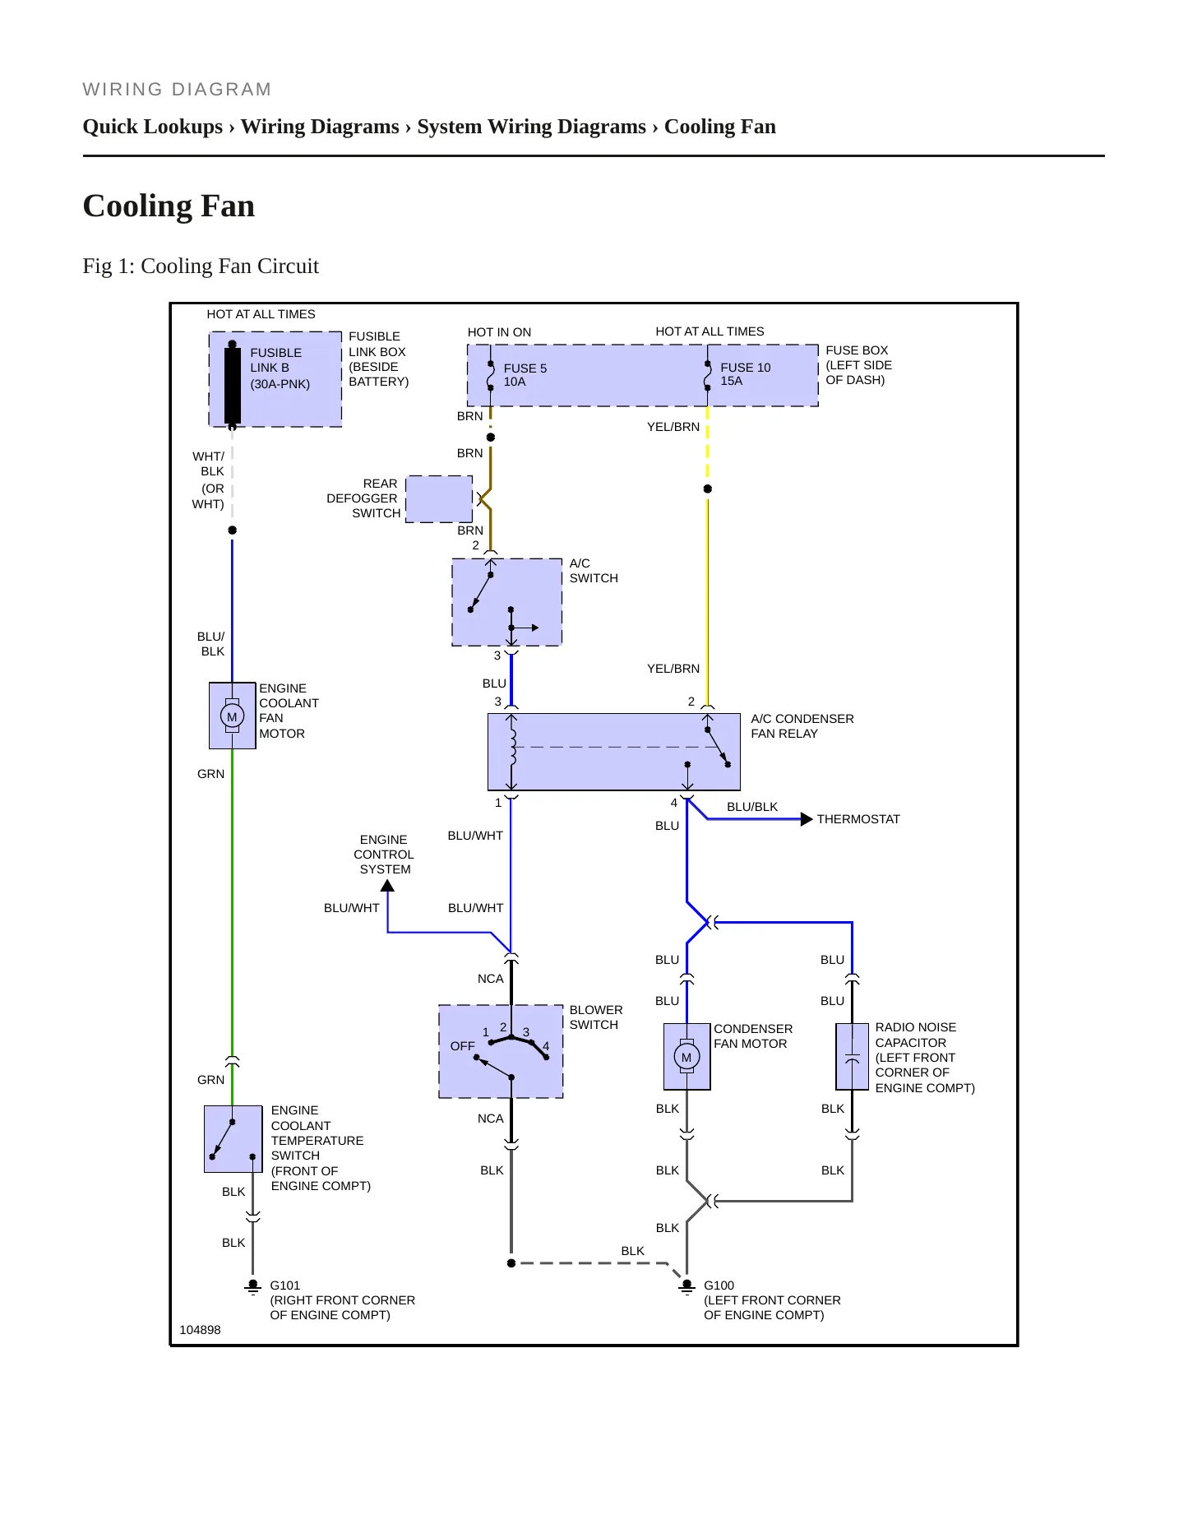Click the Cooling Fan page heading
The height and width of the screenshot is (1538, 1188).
pyautogui.click(x=169, y=206)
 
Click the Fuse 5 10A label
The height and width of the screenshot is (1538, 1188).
pyautogui.click(x=525, y=375)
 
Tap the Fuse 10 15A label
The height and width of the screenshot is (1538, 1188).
pyautogui.click(x=746, y=374)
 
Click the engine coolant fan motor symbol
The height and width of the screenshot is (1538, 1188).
pyautogui.click(x=232, y=716)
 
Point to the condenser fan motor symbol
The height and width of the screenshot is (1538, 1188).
pyautogui.click(x=686, y=1057)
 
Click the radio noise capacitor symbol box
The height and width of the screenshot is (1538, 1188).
pyautogui.click(x=852, y=1057)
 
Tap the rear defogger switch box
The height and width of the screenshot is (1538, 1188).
pyautogui.click(x=440, y=498)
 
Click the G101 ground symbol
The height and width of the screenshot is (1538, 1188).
pyautogui.click(x=253, y=1286)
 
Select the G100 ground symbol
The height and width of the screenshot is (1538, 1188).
pyautogui.click(x=687, y=1286)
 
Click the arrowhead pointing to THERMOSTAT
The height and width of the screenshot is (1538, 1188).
pyautogui.click(x=807, y=819)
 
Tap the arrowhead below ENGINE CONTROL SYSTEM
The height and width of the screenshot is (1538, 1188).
pyautogui.click(x=387, y=886)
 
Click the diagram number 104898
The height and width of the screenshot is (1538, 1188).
pyautogui.click(x=200, y=1330)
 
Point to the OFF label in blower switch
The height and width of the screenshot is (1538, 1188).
pyautogui.click(x=463, y=1046)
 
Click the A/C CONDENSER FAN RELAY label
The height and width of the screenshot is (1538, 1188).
pyautogui.click(x=802, y=726)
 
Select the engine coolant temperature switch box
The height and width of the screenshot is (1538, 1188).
pyautogui.click(x=233, y=1139)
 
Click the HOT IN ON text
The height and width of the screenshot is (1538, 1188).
pyautogui.click(x=499, y=332)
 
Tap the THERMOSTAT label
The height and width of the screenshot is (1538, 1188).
pyautogui.click(x=858, y=819)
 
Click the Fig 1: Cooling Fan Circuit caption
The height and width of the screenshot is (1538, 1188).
pyautogui.click(x=201, y=266)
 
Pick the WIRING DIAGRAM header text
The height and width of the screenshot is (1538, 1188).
pyautogui.click(x=177, y=90)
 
